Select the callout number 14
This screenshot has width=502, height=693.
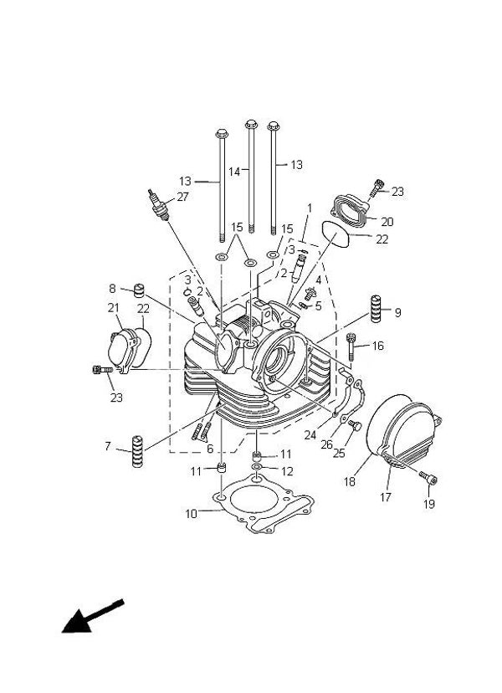pos(234,171)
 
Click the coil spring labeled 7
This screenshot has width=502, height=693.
pos(134,453)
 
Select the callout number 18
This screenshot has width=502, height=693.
pos(348,482)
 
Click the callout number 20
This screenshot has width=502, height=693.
pos(387,222)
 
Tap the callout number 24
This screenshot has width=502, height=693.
pos(310,434)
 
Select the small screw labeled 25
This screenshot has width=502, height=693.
pos(353,426)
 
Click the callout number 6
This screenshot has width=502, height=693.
pos(210,449)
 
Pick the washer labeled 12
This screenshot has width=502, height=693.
pos(259,465)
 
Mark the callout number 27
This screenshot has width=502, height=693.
pos(183,198)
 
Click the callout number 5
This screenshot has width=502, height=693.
pos(318,306)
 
